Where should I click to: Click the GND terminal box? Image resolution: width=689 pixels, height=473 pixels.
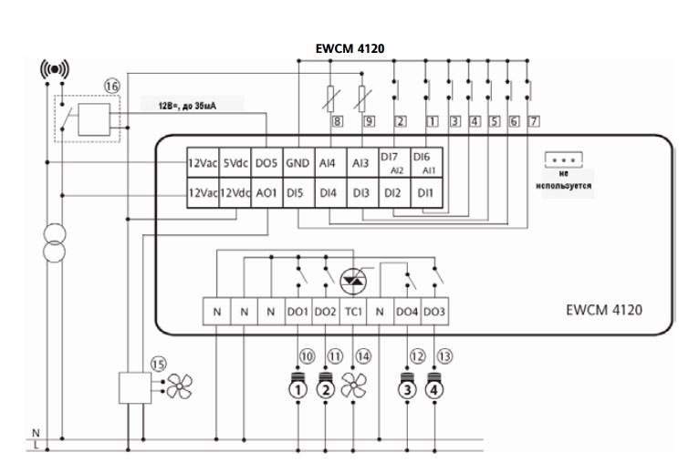(x=298, y=163)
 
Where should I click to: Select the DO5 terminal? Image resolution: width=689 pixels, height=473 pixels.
(x=266, y=163)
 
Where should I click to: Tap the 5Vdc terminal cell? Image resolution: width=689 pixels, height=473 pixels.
(x=235, y=163)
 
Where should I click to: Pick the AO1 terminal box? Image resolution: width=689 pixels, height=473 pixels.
(x=266, y=193)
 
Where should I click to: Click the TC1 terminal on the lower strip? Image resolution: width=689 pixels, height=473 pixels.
(x=353, y=312)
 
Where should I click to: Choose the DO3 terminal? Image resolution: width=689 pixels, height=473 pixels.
(x=434, y=312)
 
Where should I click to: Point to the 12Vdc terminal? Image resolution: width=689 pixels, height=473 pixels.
(x=235, y=193)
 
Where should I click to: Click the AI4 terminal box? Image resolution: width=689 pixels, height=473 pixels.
(x=329, y=163)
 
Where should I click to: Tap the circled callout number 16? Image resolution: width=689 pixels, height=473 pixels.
(x=111, y=86)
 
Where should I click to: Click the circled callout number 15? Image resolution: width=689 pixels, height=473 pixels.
(x=158, y=364)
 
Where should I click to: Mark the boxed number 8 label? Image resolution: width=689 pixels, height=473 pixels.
(x=337, y=121)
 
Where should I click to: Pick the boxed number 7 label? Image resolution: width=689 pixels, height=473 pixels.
(x=534, y=121)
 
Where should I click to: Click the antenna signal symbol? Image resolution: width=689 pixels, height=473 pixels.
(x=55, y=69)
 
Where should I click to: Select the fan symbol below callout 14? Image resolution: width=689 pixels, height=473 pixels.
(x=353, y=387)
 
